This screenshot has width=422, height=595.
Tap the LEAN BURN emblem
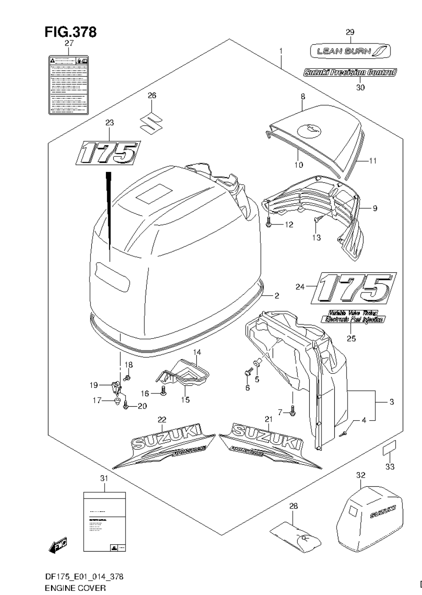[x=350, y=51]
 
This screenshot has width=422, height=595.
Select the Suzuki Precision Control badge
[x=350, y=72]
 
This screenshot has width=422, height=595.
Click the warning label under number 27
[x=69, y=85]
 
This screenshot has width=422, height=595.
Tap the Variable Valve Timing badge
[x=352, y=316]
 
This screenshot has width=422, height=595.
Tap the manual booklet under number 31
[x=104, y=522]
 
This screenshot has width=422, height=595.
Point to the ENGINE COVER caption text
[x=74, y=588]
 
